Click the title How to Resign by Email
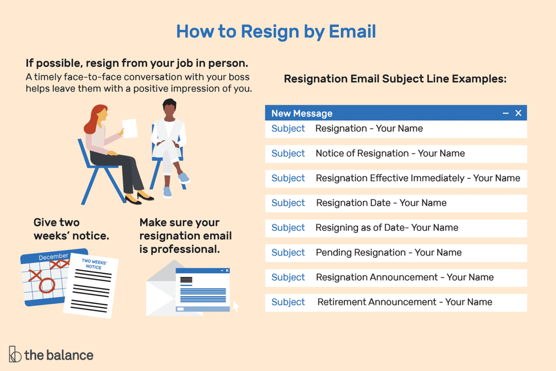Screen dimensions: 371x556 276,31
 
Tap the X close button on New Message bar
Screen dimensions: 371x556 518,113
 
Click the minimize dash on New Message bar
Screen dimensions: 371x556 506,113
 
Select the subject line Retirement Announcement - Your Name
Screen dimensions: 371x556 405,302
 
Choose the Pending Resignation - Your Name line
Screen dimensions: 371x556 388,252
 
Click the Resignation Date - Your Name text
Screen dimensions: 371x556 381,203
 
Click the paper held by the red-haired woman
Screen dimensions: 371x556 129,128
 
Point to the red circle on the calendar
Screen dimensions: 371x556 47,285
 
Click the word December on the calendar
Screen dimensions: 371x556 54,256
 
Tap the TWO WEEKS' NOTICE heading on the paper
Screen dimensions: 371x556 94,264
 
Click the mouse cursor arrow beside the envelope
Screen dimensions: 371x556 235,306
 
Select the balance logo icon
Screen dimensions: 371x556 15,354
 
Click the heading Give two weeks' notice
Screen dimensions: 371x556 71,229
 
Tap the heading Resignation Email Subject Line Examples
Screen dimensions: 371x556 395,79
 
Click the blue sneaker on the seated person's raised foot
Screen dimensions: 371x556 183,177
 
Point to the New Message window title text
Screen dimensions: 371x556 301,113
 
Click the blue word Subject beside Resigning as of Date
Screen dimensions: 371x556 288,228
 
